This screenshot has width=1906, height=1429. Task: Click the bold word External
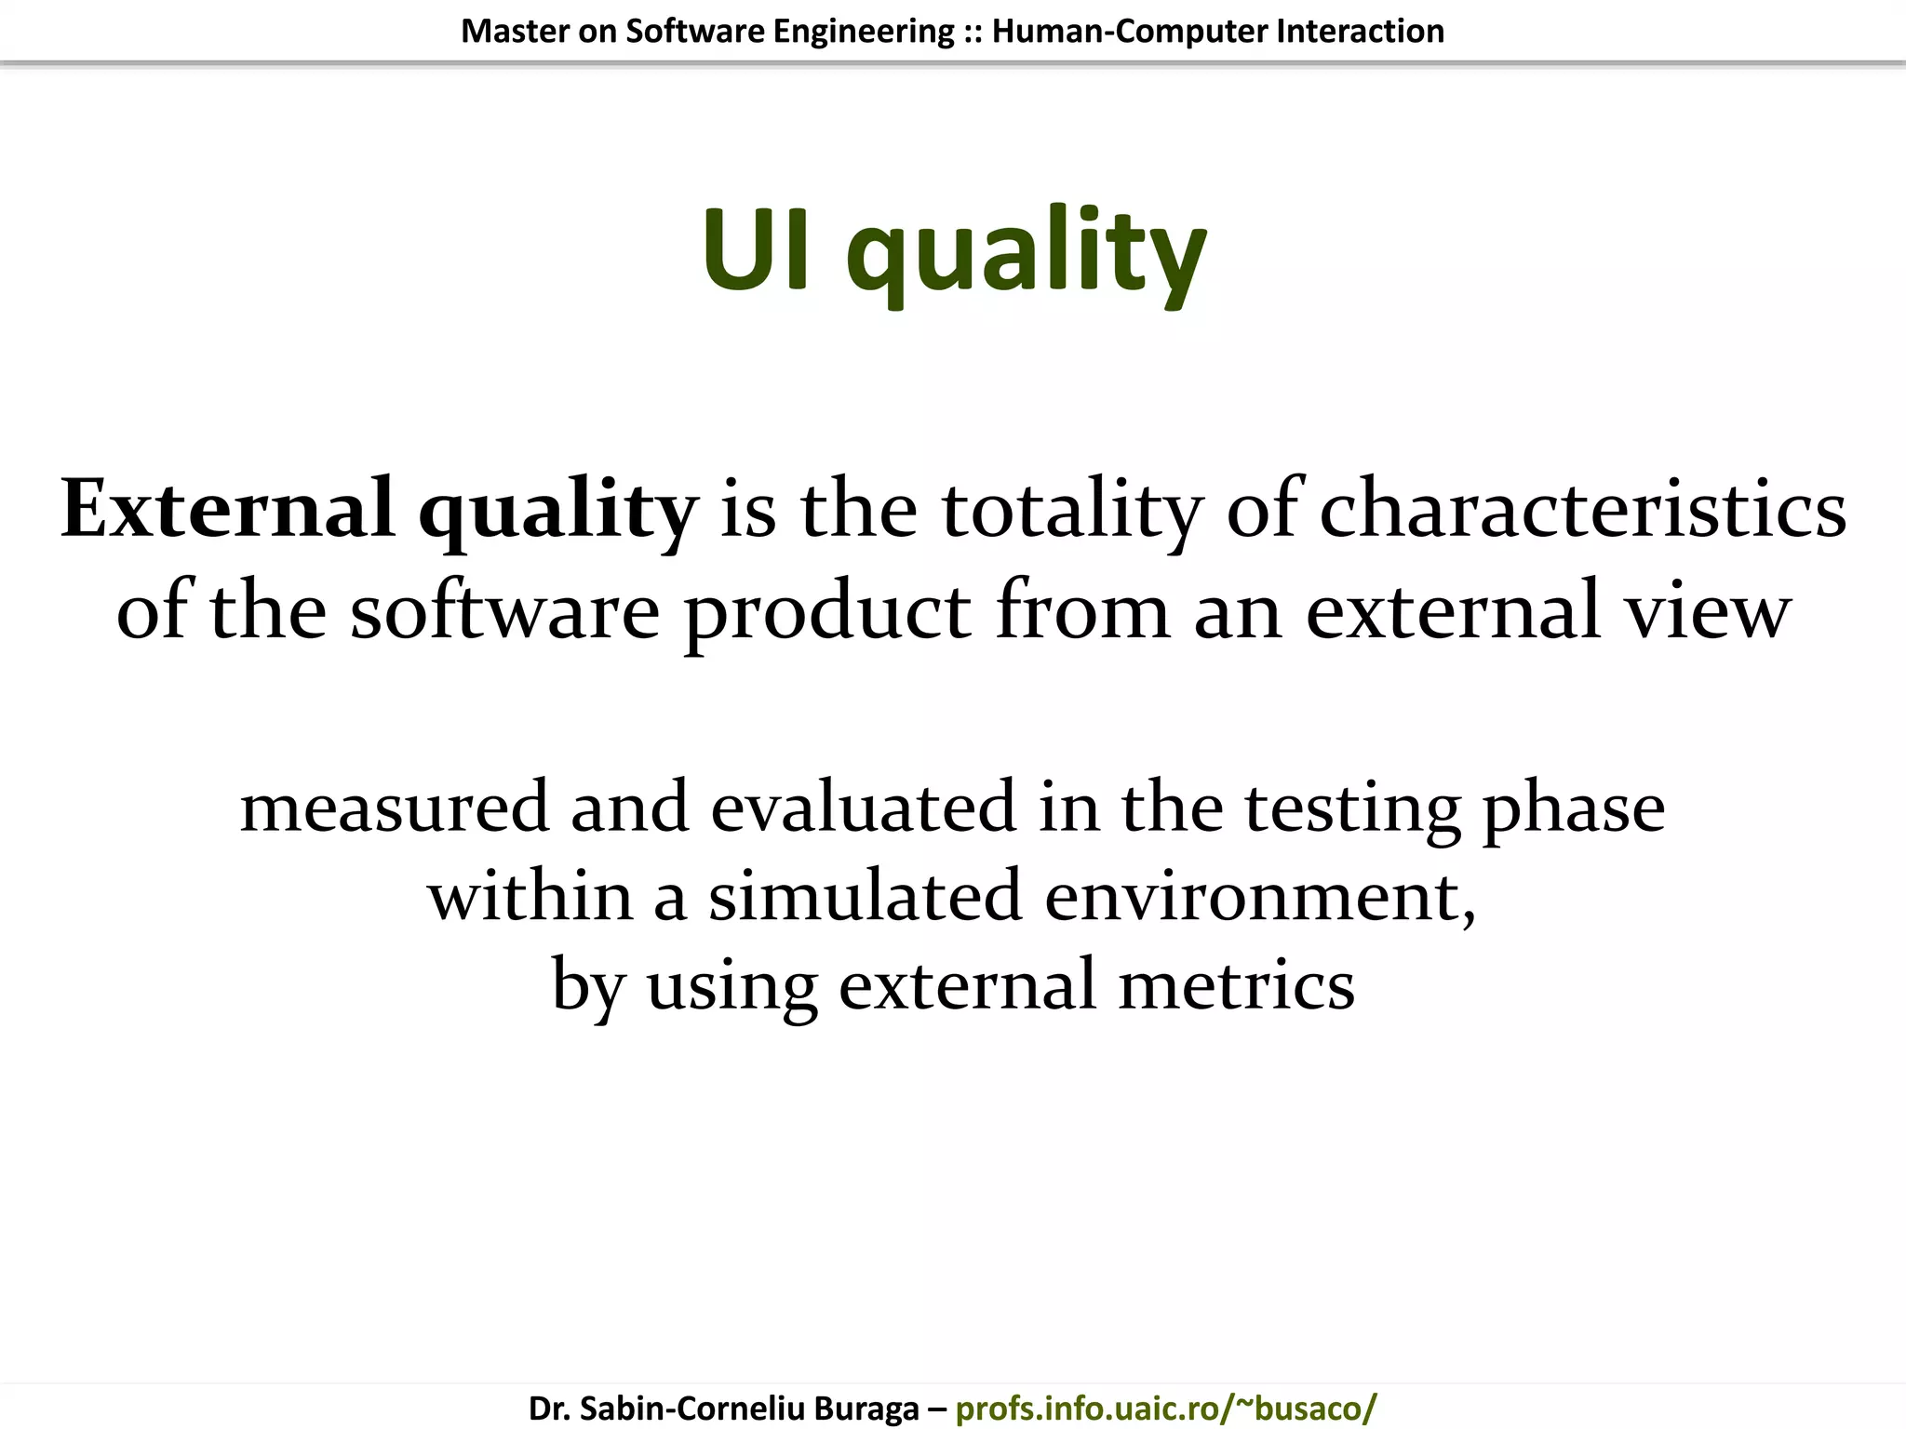(227, 509)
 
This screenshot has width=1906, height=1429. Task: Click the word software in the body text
(504, 611)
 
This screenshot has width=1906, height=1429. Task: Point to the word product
(827, 611)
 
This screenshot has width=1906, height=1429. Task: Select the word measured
(395, 807)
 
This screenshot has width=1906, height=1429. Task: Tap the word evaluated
(863, 807)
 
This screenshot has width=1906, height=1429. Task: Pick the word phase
(1573, 807)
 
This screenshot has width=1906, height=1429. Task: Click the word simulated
(865, 896)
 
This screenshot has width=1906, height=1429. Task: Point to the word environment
(1259, 896)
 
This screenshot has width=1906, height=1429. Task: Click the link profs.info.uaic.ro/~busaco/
(1165, 1409)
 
